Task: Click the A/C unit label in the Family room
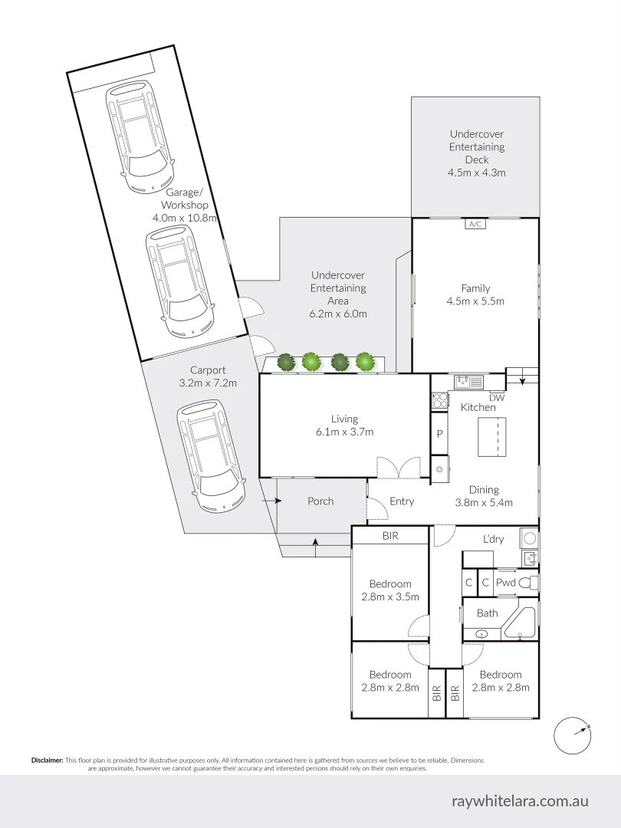pyautogui.click(x=475, y=224)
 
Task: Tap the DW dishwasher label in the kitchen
pyautogui.click(x=496, y=398)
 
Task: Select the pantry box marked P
pyautogui.click(x=439, y=433)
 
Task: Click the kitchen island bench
pyautogui.click(x=492, y=437)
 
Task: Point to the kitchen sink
pyautogui.click(x=468, y=381)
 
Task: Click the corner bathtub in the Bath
pyautogui.click(x=520, y=623)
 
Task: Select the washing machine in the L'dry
pyautogui.click(x=529, y=538)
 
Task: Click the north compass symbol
pyautogui.click(x=572, y=735)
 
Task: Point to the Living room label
pyautogui.click(x=344, y=419)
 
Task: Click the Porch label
pyautogui.click(x=320, y=501)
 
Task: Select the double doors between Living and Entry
pyautogui.click(x=399, y=468)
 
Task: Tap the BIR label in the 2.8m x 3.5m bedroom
pyautogui.click(x=390, y=536)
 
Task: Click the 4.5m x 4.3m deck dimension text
pyautogui.click(x=477, y=172)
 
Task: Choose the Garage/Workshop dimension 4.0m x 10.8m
pyautogui.click(x=185, y=218)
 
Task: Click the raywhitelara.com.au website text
pyautogui.click(x=520, y=800)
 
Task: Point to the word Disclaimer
pyautogui.click(x=47, y=761)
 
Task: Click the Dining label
pyautogui.click(x=484, y=490)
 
